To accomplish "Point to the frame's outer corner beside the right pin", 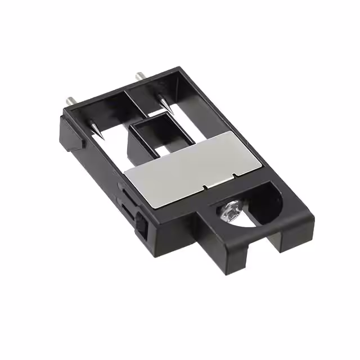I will tap(183, 69).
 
